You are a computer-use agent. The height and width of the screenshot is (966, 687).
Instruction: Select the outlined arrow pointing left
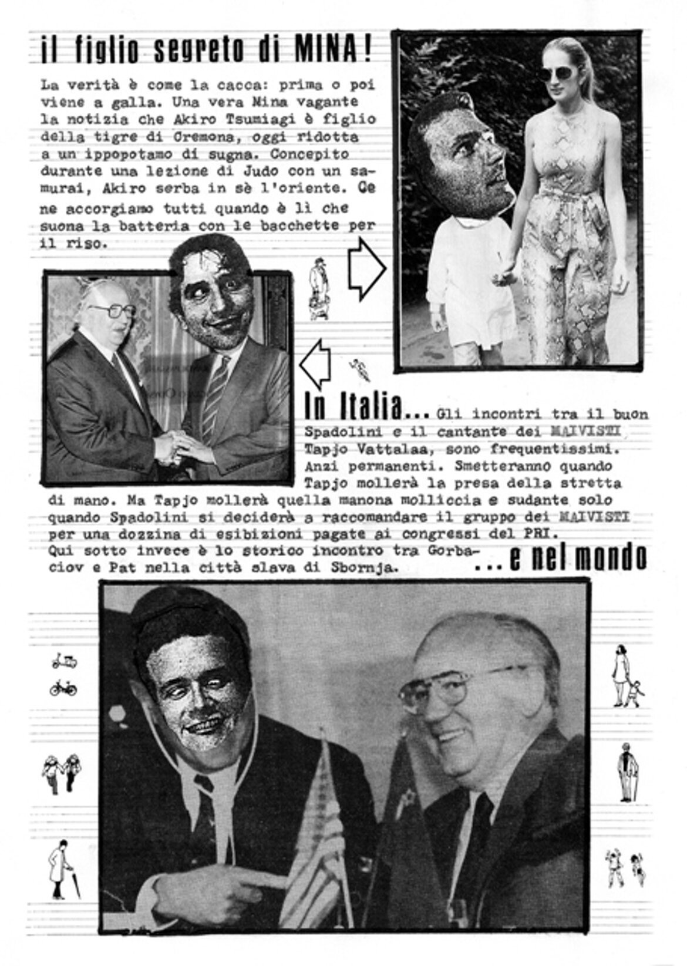(x=316, y=365)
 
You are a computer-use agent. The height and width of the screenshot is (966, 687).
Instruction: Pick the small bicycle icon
(x=63, y=687)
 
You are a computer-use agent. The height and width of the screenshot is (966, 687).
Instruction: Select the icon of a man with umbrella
(x=60, y=867)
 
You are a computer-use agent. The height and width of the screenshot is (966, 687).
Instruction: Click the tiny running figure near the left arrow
(x=356, y=366)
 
